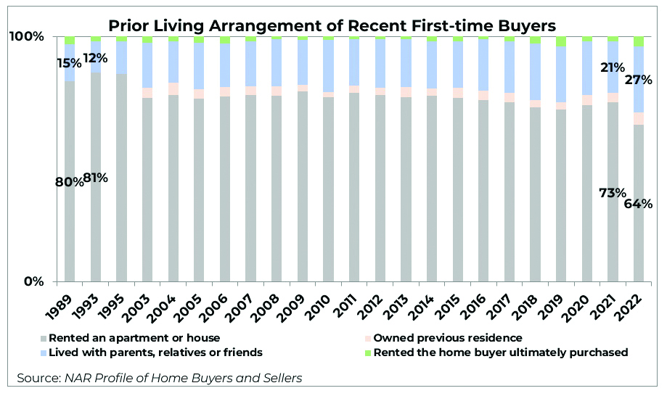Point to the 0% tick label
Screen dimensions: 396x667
coord(35,281)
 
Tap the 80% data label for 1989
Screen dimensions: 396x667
coord(70,182)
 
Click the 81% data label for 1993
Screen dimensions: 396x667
coord(96,178)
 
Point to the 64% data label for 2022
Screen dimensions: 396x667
coord(639,204)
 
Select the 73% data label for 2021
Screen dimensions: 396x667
coord(612,192)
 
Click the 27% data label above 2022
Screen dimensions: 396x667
coord(639,80)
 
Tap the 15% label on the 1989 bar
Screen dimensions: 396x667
coord(69,63)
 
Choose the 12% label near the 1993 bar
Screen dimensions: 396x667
coord(95,57)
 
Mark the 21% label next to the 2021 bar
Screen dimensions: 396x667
coord(613,67)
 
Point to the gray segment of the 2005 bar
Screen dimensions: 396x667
coord(199,189)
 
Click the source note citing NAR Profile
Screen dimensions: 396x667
coord(160,378)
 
